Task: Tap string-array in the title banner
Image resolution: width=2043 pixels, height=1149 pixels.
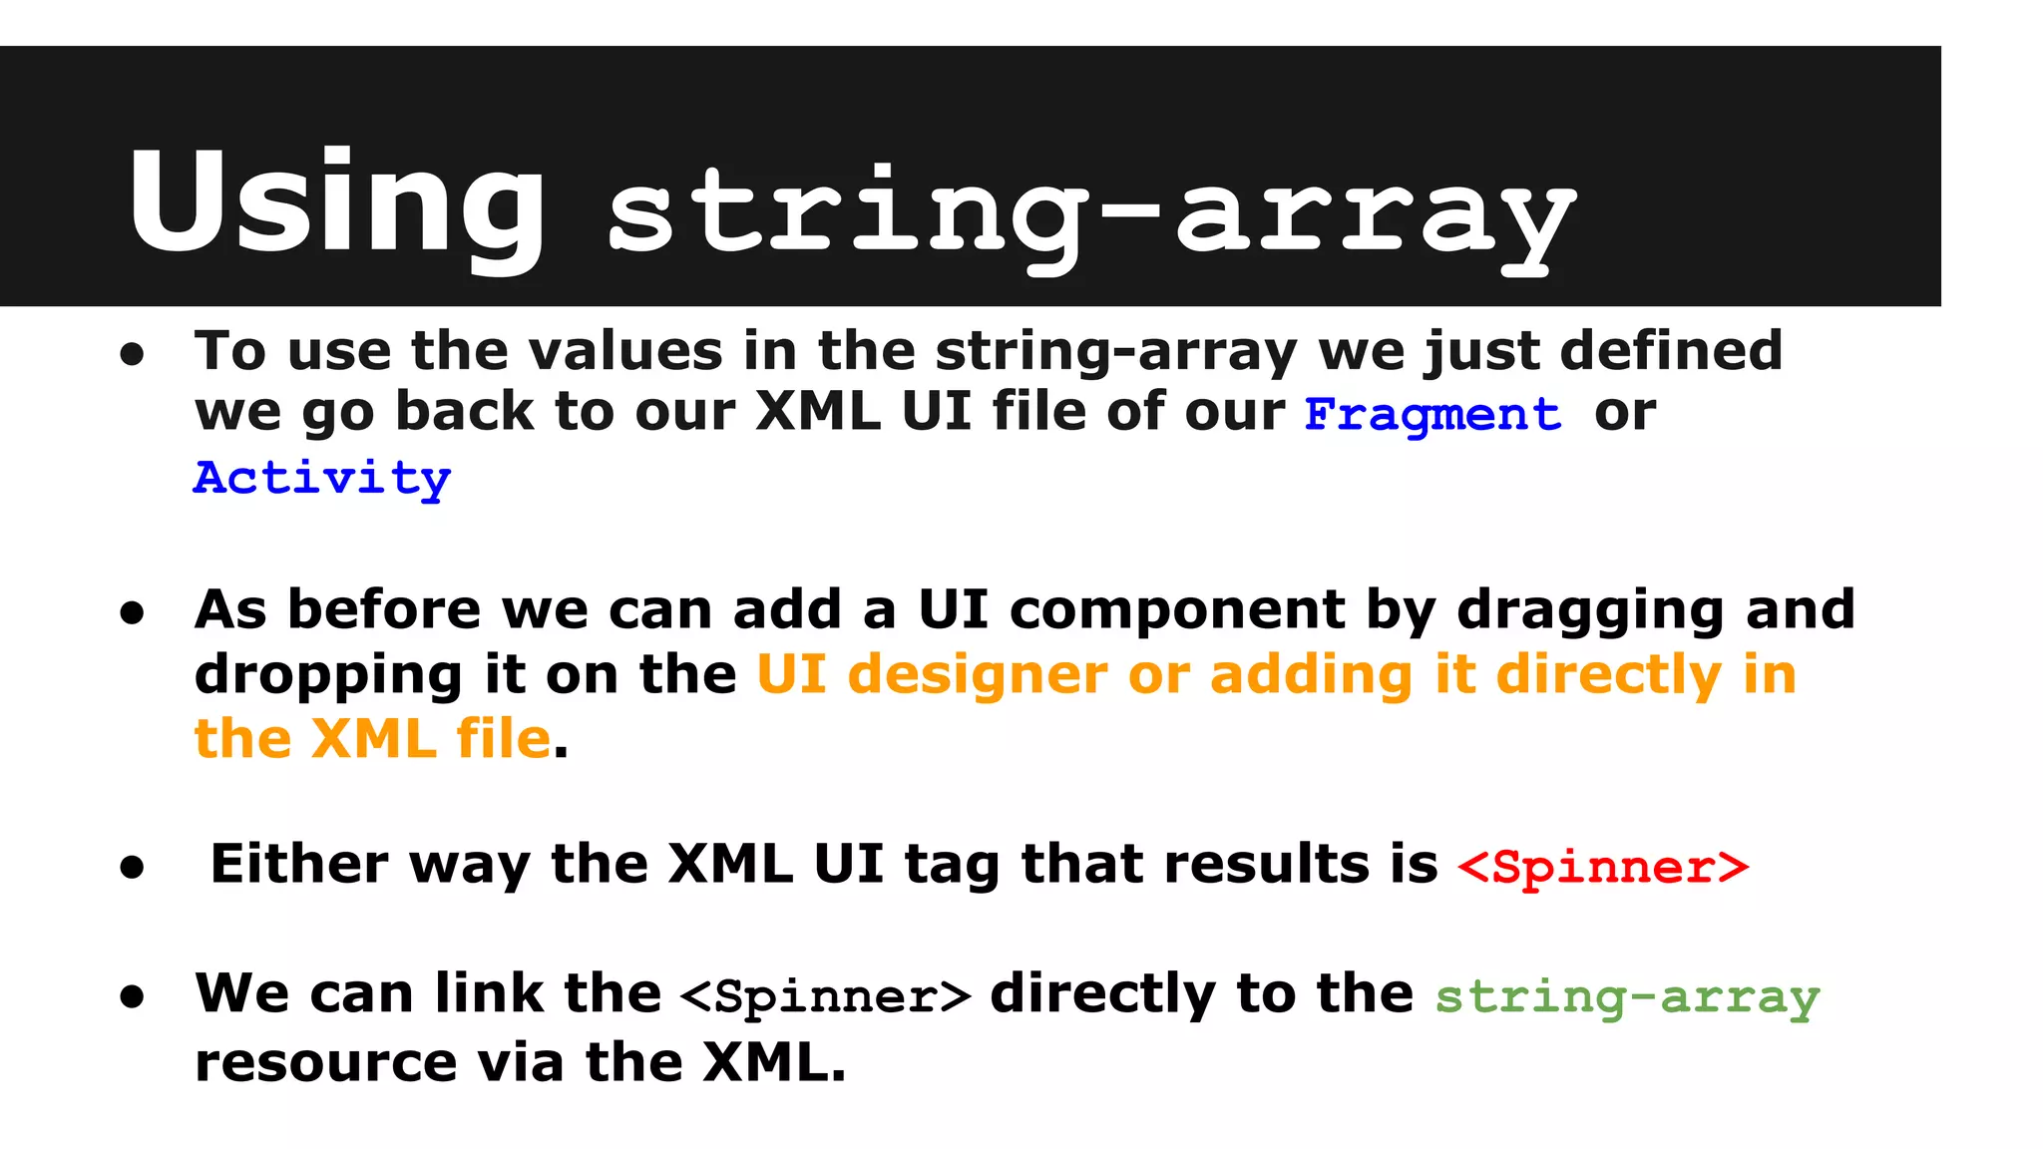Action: click(x=1091, y=214)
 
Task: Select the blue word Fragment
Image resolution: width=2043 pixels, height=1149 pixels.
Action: click(x=1432, y=414)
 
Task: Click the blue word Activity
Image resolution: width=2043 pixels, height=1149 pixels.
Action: click(x=322, y=479)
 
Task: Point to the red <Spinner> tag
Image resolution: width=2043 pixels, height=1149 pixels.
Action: click(x=1603, y=867)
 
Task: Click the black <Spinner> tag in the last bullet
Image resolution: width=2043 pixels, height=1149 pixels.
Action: click(x=825, y=996)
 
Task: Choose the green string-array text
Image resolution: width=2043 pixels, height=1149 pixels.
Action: click(x=1627, y=996)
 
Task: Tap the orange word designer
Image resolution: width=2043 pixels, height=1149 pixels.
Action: click(x=978, y=674)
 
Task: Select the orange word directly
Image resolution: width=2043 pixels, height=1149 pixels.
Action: click(x=1608, y=674)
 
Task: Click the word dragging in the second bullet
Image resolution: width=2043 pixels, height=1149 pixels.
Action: click(x=1591, y=610)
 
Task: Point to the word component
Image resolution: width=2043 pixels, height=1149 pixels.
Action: click(x=1177, y=610)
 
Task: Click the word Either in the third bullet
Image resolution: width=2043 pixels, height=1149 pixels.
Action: click(x=299, y=864)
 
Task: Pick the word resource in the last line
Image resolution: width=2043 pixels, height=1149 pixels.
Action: click(x=325, y=1061)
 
